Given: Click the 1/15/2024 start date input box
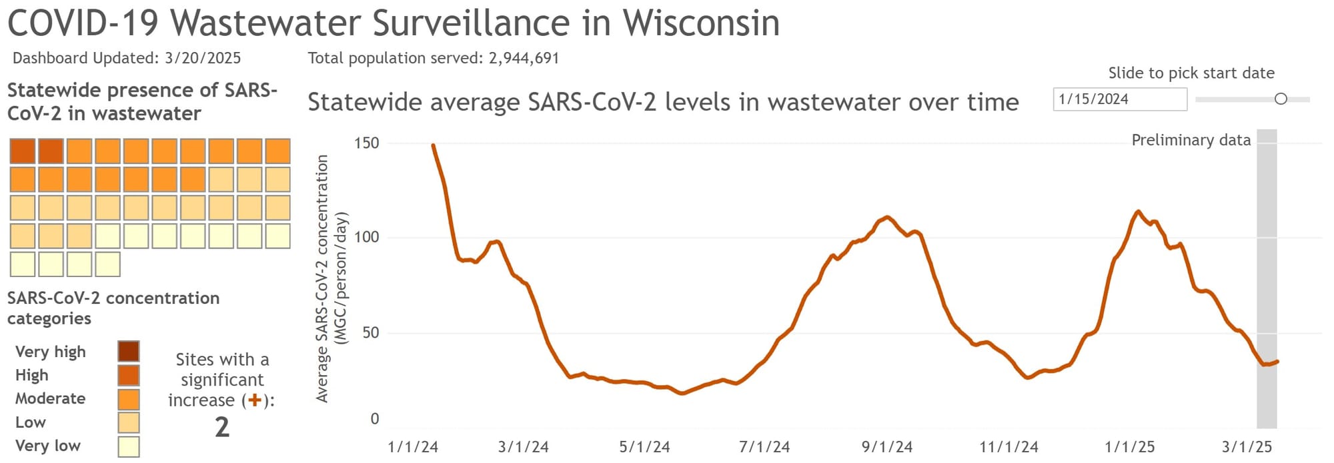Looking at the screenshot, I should (x=1119, y=99).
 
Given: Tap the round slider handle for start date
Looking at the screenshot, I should (x=1280, y=99).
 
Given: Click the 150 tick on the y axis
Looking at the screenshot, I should (x=366, y=143).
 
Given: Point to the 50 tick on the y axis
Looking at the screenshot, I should (x=370, y=332).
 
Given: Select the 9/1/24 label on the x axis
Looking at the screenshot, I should (x=886, y=446).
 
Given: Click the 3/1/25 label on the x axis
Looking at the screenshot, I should (x=1247, y=446).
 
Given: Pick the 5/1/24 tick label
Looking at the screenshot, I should (x=644, y=446).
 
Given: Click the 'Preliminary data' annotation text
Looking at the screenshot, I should (x=1191, y=140).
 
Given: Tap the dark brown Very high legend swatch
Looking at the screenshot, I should (x=128, y=351).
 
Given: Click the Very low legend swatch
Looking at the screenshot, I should (x=128, y=446).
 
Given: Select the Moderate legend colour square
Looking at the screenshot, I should (x=128, y=398).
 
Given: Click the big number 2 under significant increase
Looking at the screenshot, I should (x=222, y=426).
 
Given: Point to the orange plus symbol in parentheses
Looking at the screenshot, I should (x=254, y=400).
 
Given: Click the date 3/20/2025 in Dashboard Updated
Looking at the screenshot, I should (x=203, y=58).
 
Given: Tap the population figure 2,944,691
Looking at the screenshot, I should (x=524, y=58).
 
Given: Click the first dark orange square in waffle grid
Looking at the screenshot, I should (x=23, y=151).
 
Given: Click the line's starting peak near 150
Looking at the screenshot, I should (x=434, y=145).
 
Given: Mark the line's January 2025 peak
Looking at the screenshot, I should (x=1138, y=212).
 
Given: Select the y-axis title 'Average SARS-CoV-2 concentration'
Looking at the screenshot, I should (x=322, y=278).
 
